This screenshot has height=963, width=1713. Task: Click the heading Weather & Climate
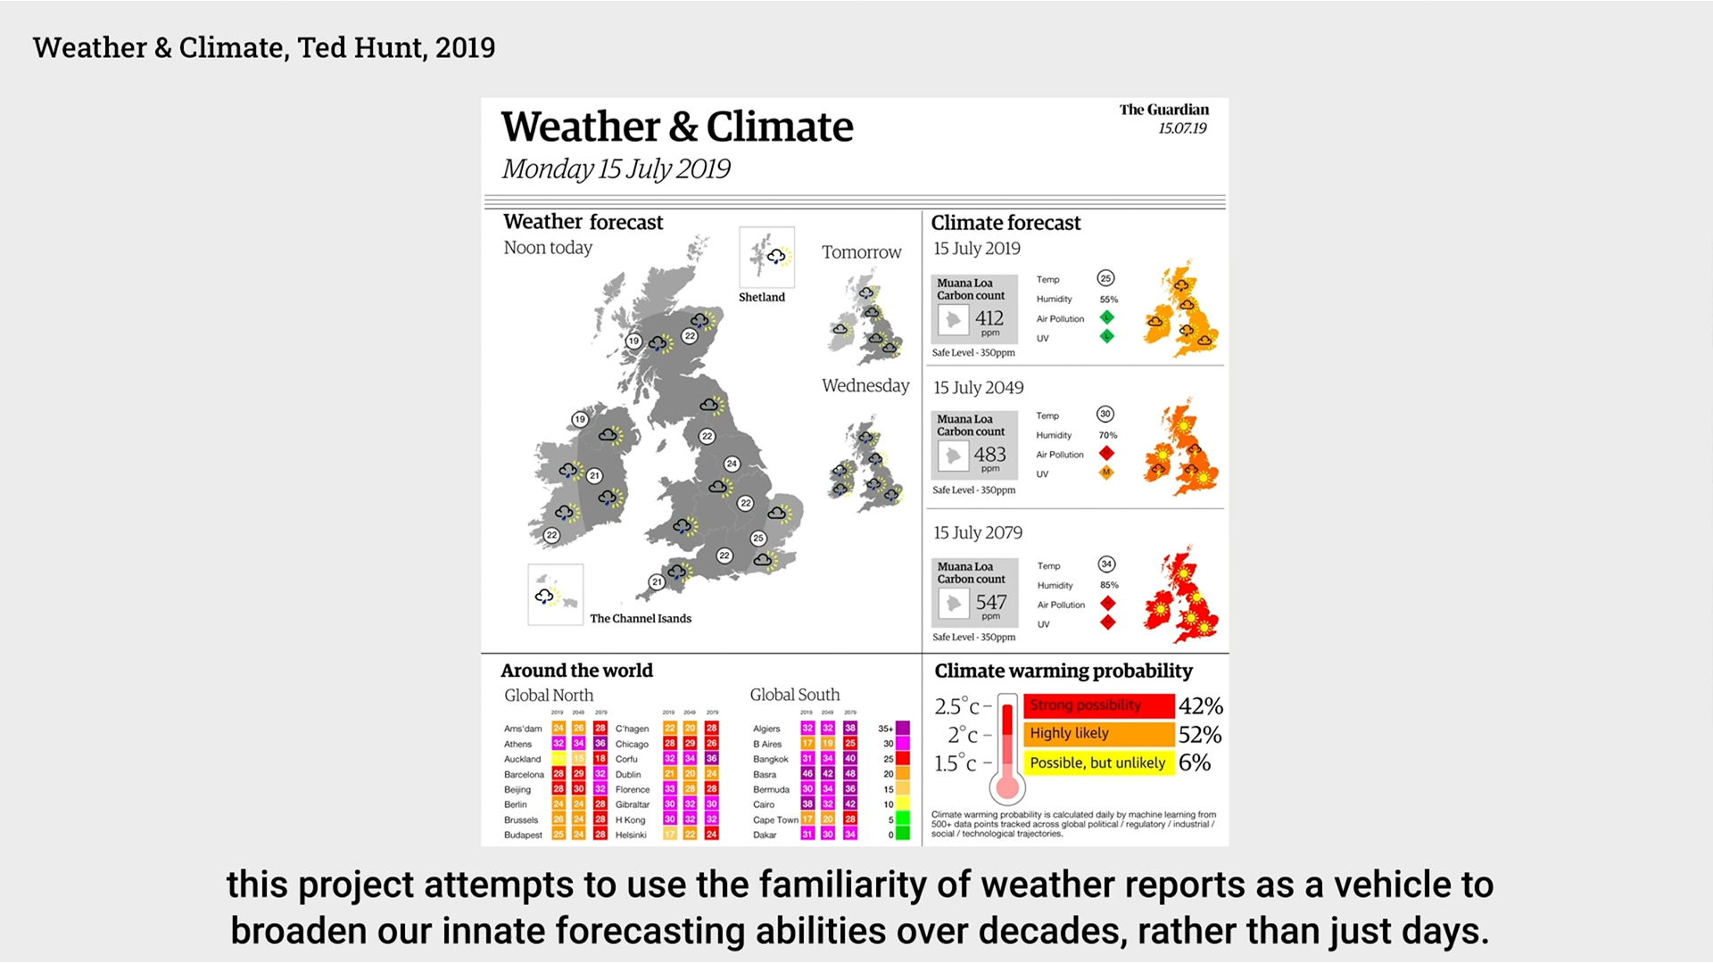(676, 127)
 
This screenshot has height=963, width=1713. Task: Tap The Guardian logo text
(1163, 110)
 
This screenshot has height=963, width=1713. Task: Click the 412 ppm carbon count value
(989, 318)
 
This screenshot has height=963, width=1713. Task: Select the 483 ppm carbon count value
(989, 455)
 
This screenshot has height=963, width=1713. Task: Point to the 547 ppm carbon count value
(990, 603)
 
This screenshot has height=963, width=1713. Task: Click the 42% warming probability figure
(1200, 706)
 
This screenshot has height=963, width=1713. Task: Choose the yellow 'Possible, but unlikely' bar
(1098, 763)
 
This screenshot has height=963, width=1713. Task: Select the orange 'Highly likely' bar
(1098, 734)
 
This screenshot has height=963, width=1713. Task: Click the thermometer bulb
(1007, 786)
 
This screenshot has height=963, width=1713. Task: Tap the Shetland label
(761, 298)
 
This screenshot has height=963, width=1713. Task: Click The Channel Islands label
(640, 619)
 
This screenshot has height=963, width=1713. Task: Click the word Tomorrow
(861, 252)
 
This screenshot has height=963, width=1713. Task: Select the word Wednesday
(865, 386)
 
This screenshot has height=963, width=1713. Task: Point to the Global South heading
(794, 695)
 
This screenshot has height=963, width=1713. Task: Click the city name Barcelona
(524, 775)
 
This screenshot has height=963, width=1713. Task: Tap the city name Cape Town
(775, 820)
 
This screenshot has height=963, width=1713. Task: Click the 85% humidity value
(1109, 586)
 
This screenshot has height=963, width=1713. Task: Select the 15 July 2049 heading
(978, 388)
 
